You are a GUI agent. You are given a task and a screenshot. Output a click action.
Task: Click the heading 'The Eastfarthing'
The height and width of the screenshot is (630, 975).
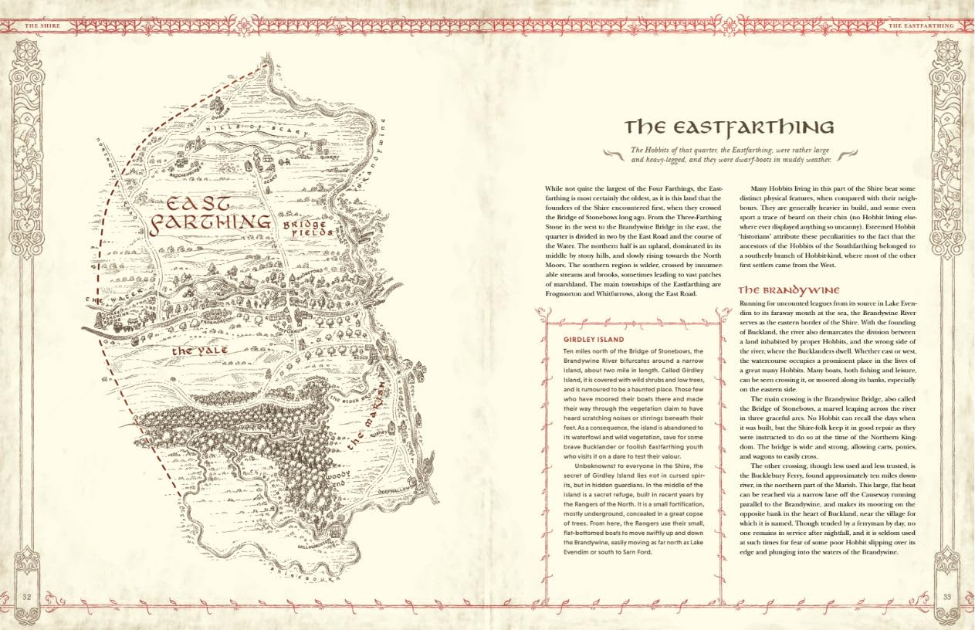tap(729, 127)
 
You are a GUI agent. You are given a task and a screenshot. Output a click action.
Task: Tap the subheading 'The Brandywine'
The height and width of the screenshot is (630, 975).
tap(789, 290)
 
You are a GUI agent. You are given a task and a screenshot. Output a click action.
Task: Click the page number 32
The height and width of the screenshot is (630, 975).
tap(26, 596)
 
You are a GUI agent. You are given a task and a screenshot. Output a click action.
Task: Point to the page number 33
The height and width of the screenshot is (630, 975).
tap(947, 596)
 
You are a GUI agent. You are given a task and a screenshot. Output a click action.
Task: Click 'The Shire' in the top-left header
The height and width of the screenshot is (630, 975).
tap(42, 25)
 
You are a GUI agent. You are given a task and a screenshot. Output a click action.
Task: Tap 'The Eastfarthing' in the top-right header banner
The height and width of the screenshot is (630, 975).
tap(921, 25)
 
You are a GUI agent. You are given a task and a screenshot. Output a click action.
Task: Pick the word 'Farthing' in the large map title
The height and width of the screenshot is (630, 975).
tap(210, 224)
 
